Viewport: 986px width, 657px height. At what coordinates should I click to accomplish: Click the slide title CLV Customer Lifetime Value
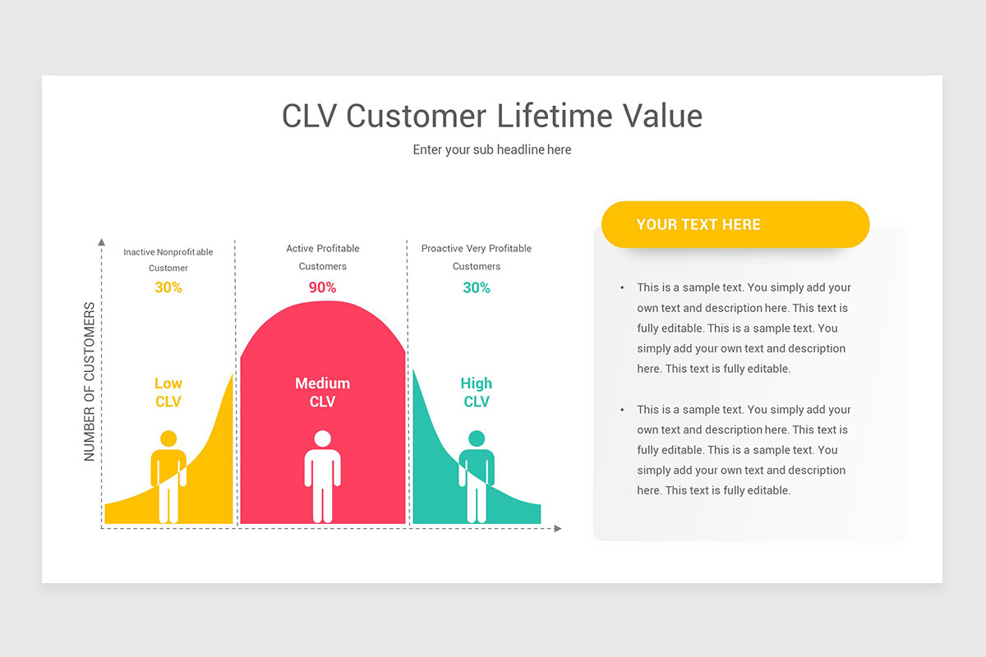click(x=492, y=116)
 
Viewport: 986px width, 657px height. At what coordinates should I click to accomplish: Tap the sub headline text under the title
click(x=492, y=149)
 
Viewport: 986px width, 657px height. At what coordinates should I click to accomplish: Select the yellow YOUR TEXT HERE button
click(x=735, y=224)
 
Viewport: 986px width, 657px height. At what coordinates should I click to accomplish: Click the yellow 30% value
click(x=168, y=287)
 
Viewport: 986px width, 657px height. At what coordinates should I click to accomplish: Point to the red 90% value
click(x=322, y=287)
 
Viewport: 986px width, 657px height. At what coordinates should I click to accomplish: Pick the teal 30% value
click(x=477, y=287)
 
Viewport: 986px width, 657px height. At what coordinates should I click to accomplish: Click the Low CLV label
click(x=168, y=393)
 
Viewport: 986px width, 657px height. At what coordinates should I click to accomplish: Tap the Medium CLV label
click(x=322, y=393)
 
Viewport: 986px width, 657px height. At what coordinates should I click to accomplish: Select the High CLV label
click(x=477, y=393)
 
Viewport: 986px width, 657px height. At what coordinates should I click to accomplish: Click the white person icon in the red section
click(x=322, y=476)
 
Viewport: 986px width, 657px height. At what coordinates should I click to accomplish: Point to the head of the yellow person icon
click(x=168, y=439)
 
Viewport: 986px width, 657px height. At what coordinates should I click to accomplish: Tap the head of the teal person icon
click(x=477, y=439)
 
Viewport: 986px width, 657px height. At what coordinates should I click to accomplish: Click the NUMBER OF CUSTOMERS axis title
click(x=90, y=382)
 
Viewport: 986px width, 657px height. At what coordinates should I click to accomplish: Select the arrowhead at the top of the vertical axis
click(x=101, y=242)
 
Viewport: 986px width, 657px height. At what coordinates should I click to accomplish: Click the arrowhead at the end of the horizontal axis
click(x=558, y=528)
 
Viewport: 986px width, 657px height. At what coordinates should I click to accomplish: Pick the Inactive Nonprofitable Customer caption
click(x=168, y=260)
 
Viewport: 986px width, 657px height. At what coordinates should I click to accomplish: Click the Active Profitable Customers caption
click(x=322, y=257)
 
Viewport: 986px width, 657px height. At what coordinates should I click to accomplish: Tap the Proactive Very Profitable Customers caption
click(x=477, y=257)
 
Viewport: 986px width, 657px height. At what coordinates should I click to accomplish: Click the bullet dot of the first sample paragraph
click(x=622, y=287)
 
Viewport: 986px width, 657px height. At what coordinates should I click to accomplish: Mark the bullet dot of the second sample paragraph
click(x=622, y=410)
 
